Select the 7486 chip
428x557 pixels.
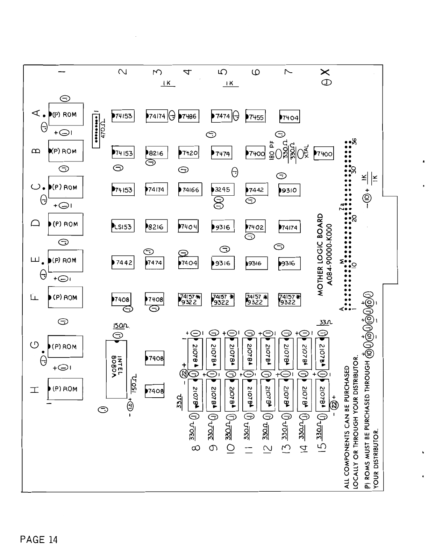coord(188,116)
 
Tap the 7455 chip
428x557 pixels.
coord(255,117)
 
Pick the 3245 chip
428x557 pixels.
coord(222,190)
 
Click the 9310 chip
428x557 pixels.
coord(289,190)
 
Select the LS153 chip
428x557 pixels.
coord(122,226)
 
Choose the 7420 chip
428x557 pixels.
coord(188,153)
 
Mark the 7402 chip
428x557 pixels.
coord(255,227)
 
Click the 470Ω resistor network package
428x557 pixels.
coord(96,130)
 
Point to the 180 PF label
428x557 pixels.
coord(272,152)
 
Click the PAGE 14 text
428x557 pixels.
coord(38,540)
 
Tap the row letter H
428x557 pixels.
coord(35,389)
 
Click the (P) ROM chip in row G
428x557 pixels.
coord(65,347)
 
